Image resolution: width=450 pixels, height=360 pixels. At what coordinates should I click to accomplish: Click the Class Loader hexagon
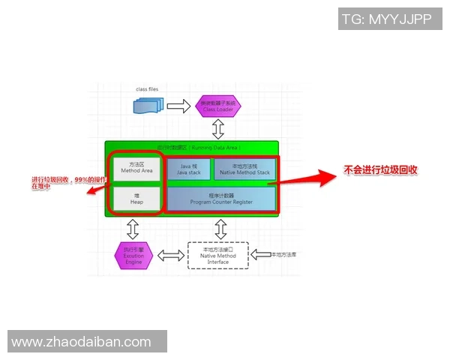[x=218, y=106]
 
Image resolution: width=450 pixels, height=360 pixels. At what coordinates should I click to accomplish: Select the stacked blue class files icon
[x=148, y=106]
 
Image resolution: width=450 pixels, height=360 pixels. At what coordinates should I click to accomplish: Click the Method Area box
[x=136, y=168]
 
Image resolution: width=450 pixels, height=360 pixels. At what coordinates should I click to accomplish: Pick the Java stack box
[x=190, y=169]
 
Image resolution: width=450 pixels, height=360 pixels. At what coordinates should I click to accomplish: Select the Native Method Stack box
[x=244, y=169]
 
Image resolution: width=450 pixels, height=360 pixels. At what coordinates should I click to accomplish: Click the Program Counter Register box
[x=220, y=199]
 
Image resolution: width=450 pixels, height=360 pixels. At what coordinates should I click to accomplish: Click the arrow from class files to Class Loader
[x=178, y=106]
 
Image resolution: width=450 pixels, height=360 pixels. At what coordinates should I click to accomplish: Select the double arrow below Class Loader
[x=218, y=129]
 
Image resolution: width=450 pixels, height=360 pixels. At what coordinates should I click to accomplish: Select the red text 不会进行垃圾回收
[x=380, y=170]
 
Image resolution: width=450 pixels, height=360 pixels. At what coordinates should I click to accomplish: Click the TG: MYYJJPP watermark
[x=385, y=19]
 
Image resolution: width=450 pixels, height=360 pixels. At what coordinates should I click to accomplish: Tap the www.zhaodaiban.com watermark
[x=82, y=342]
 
